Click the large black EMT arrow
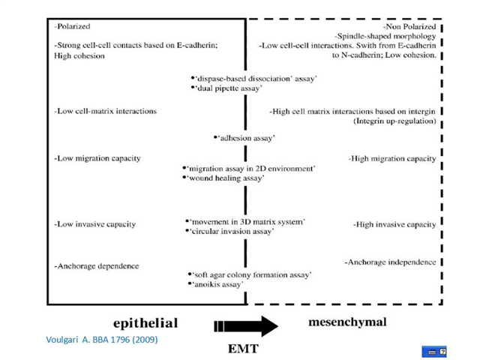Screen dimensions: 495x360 [246, 326]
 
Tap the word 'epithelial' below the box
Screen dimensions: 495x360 [145, 323]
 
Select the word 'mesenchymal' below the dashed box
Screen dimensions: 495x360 [347, 322]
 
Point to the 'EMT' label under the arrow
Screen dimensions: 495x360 [243, 349]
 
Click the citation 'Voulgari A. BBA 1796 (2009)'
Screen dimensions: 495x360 [102, 340]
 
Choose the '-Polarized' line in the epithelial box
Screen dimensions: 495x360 [72, 26]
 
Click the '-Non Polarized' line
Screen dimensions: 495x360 [409, 26]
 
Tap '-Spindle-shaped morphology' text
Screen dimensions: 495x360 [385, 36]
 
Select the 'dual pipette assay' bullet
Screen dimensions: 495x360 [226, 88]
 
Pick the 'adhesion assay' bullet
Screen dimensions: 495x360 [244, 138]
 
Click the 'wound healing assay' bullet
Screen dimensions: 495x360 [223, 178]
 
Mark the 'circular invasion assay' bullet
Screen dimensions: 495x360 [229, 232]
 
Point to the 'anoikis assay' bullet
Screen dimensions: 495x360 [215, 284]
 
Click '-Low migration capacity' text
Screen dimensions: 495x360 [97, 158]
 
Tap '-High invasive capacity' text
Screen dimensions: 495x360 [394, 224]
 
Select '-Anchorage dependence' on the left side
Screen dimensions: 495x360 [96, 266]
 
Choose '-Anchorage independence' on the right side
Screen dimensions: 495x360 [390, 262]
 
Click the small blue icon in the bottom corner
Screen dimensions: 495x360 [434, 352]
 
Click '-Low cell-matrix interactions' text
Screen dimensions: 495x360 [106, 111]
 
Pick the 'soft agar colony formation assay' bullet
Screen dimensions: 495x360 [250, 275]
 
